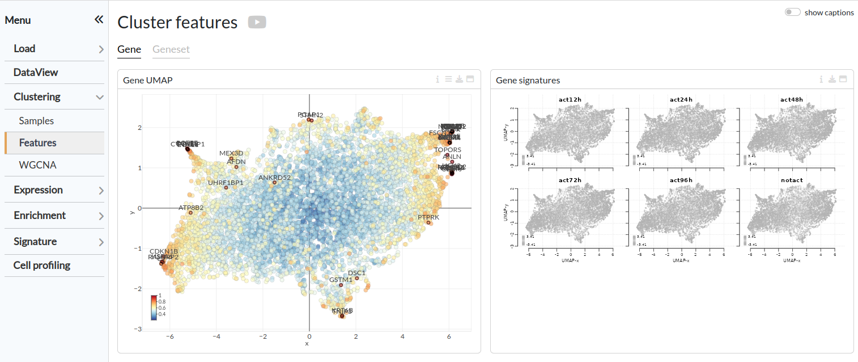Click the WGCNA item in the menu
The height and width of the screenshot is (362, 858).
click(x=37, y=165)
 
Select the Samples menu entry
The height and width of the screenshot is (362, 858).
click(x=36, y=121)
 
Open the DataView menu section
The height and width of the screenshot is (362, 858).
click(x=36, y=72)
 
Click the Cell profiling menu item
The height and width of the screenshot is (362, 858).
click(x=42, y=265)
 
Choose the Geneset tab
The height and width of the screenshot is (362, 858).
click(x=171, y=49)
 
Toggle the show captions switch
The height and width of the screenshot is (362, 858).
click(x=792, y=12)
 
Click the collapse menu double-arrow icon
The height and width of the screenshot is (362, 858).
click(x=99, y=20)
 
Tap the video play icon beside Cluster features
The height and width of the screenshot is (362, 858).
click(x=257, y=22)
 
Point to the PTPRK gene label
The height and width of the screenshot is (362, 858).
click(x=428, y=217)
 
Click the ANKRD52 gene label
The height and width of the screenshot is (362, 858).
click(x=274, y=178)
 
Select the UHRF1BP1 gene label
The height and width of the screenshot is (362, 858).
click(x=226, y=183)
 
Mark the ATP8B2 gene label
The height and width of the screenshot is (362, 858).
click(x=191, y=208)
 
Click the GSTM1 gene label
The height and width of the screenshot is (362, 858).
click(x=341, y=280)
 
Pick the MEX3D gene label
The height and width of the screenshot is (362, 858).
click(x=231, y=153)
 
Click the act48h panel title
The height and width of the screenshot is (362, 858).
click(x=791, y=100)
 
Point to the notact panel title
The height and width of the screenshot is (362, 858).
click(x=791, y=180)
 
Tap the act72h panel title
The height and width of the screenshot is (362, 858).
click(x=570, y=180)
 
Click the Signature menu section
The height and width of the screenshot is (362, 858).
click(x=35, y=241)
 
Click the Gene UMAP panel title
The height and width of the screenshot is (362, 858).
click(x=148, y=81)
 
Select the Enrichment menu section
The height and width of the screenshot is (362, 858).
click(x=40, y=215)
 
